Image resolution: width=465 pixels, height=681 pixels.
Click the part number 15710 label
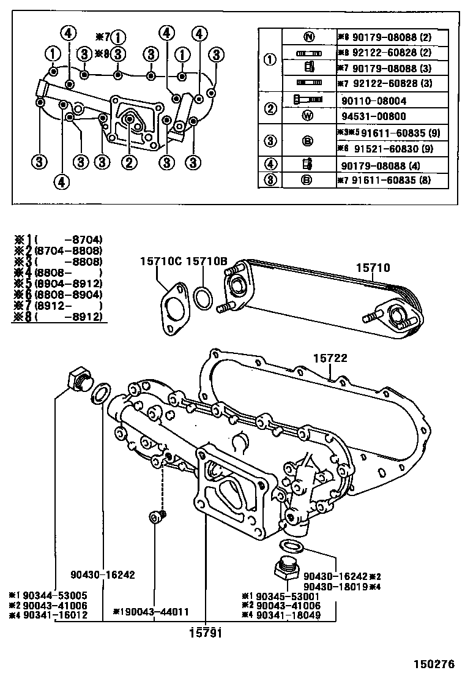point(373,268)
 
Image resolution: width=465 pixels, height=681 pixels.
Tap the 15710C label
point(161,261)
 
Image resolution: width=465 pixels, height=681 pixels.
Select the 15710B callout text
point(207,261)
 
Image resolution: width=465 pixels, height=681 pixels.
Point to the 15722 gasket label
point(330,358)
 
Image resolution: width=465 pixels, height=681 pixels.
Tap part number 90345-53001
point(285,595)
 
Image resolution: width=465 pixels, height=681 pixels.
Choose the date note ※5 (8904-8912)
point(59,284)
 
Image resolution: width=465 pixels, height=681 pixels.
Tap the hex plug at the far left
point(77,379)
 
